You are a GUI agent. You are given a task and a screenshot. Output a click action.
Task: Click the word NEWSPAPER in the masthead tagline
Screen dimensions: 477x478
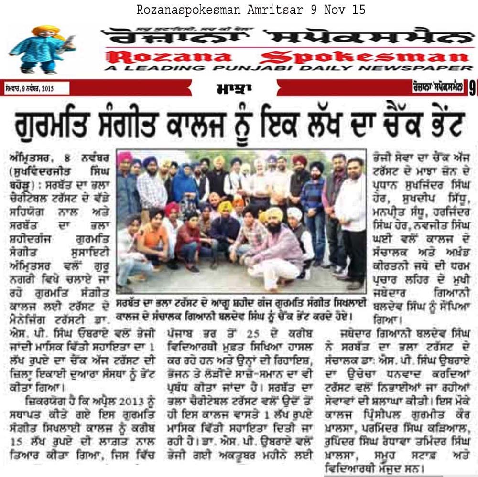pyautogui.click(x=427, y=68)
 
